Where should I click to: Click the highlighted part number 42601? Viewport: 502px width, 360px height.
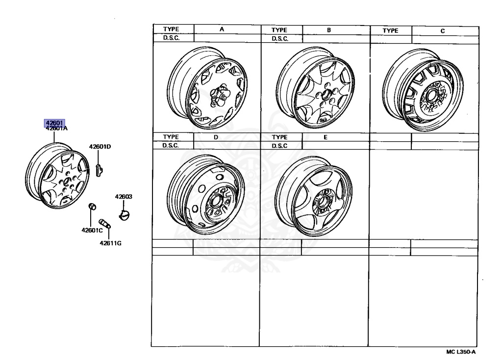click(54, 123)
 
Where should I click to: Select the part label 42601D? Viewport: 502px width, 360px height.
click(100, 146)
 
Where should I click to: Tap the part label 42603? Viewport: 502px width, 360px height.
click(124, 197)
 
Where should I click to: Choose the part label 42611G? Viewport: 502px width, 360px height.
click(110, 242)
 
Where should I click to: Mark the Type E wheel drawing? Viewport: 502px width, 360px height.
click(314, 191)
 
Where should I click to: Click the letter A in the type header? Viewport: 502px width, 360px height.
click(222, 30)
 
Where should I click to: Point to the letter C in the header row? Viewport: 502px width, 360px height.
click(443, 30)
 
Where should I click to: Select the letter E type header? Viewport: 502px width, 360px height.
click(325, 137)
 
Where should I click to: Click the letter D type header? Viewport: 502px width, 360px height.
click(216, 137)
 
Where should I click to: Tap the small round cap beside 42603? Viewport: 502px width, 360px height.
click(125, 214)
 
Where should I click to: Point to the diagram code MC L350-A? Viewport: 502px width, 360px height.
click(461, 352)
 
